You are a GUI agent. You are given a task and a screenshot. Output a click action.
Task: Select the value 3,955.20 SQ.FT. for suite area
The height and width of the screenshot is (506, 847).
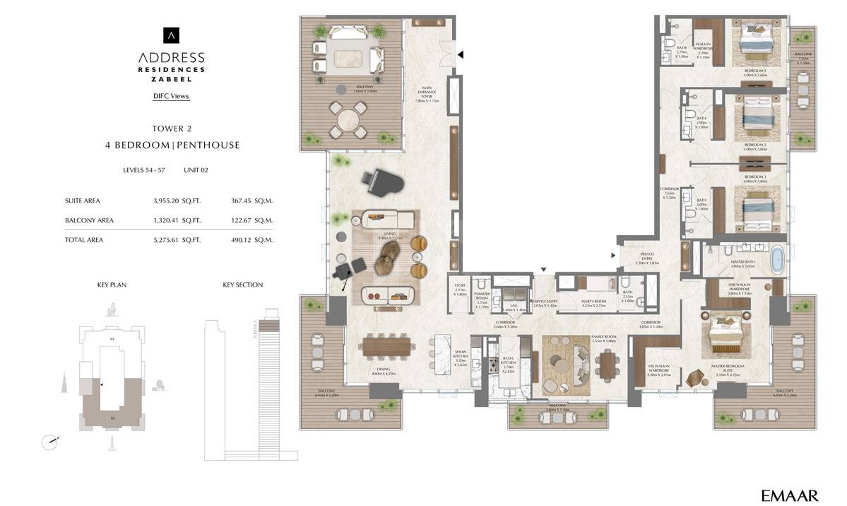tap(177, 200)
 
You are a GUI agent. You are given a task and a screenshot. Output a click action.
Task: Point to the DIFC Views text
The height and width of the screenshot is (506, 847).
tap(171, 96)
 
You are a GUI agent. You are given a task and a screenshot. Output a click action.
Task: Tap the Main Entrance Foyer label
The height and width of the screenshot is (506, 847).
tap(427, 94)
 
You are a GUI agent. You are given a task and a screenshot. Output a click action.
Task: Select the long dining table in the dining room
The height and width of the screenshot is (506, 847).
tap(386, 346)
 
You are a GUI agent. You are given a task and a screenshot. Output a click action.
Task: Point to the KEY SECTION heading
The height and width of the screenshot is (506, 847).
tap(242, 285)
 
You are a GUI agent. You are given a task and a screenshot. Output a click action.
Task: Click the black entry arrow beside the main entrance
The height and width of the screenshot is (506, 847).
tap(461, 54)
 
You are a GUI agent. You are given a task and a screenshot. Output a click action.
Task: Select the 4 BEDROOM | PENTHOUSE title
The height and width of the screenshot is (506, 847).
tap(172, 145)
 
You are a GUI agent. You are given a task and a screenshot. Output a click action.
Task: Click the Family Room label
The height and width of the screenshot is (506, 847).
tap(604, 339)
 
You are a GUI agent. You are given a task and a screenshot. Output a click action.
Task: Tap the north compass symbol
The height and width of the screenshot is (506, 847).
tap(49, 442)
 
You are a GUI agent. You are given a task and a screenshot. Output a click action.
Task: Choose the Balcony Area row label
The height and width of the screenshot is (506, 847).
tap(89, 220)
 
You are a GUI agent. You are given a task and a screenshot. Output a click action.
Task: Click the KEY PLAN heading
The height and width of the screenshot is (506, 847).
tap(112, 285)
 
